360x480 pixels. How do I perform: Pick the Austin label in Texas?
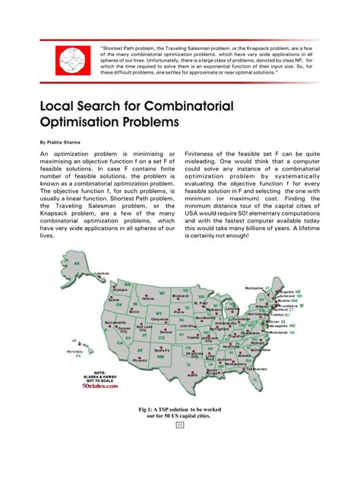click(x=192, y=374)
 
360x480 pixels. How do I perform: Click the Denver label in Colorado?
click(x=166, y=332)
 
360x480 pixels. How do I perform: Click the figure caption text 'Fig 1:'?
click(x=149, y=409)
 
